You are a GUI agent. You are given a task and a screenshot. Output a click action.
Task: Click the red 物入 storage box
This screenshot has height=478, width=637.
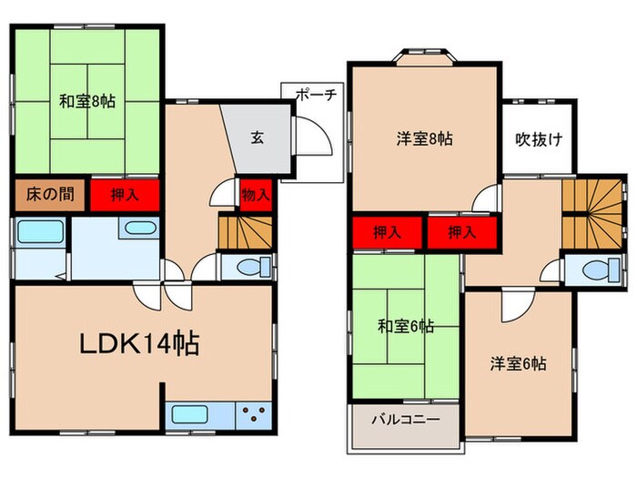point(257,194)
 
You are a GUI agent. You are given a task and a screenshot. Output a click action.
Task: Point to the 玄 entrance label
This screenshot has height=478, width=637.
point(258,138)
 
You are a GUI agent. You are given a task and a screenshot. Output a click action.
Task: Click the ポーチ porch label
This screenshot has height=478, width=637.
point(316,93)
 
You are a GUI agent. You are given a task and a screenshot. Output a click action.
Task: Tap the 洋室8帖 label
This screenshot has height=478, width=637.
point(425,139)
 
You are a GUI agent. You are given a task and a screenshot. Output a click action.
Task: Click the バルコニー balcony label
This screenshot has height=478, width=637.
point(405,421)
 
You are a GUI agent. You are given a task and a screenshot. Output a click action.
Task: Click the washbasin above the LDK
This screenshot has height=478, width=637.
point(138,229)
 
